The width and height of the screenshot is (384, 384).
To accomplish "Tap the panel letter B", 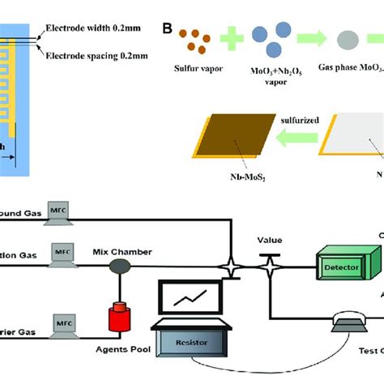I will [x=168, y=30].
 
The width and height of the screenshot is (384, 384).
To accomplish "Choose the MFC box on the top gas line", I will [x=59, y=212].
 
